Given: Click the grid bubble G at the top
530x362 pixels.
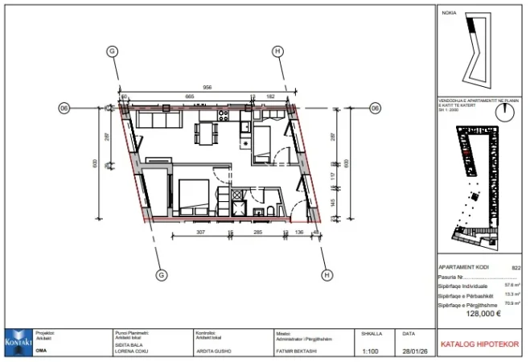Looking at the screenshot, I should (x=112, y=51).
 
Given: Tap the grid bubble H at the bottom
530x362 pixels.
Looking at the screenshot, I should (x=327, y=275).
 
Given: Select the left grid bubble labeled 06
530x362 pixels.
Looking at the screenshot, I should (x=64, y=108).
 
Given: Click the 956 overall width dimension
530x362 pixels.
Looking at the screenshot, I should (x=207, y=87).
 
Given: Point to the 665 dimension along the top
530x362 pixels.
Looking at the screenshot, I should (x=190, y=97).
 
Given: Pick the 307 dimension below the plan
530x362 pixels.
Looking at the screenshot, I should (x=201, y=232).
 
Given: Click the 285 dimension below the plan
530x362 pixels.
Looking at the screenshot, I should (x=258, y=232).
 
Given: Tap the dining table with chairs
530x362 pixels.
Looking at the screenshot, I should (x=207, y=131).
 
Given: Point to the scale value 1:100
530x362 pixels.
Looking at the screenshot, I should (x=371, y=352).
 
